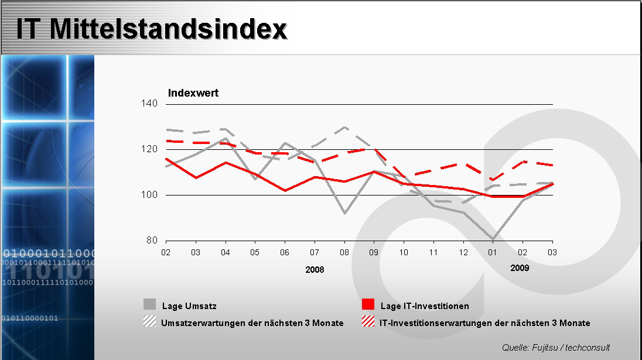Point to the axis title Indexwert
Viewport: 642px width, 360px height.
point(193,93)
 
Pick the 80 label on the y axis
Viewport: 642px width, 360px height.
point(152,240)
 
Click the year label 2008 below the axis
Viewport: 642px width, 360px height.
point(315,270)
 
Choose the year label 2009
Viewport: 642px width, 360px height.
point(520,268)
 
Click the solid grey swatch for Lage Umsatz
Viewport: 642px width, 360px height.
point(150,304)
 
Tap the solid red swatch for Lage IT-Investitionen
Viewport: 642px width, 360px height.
point(368,304)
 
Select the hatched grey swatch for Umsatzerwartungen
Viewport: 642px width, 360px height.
point(150,321)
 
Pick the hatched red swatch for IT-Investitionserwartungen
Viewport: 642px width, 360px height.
point(368,321)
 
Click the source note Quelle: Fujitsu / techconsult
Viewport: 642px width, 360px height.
point(556,347)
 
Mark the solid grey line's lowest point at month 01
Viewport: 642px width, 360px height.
point(493,239)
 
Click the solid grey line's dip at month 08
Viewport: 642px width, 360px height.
point(344,213)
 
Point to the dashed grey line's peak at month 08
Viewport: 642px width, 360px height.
point(344,127)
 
